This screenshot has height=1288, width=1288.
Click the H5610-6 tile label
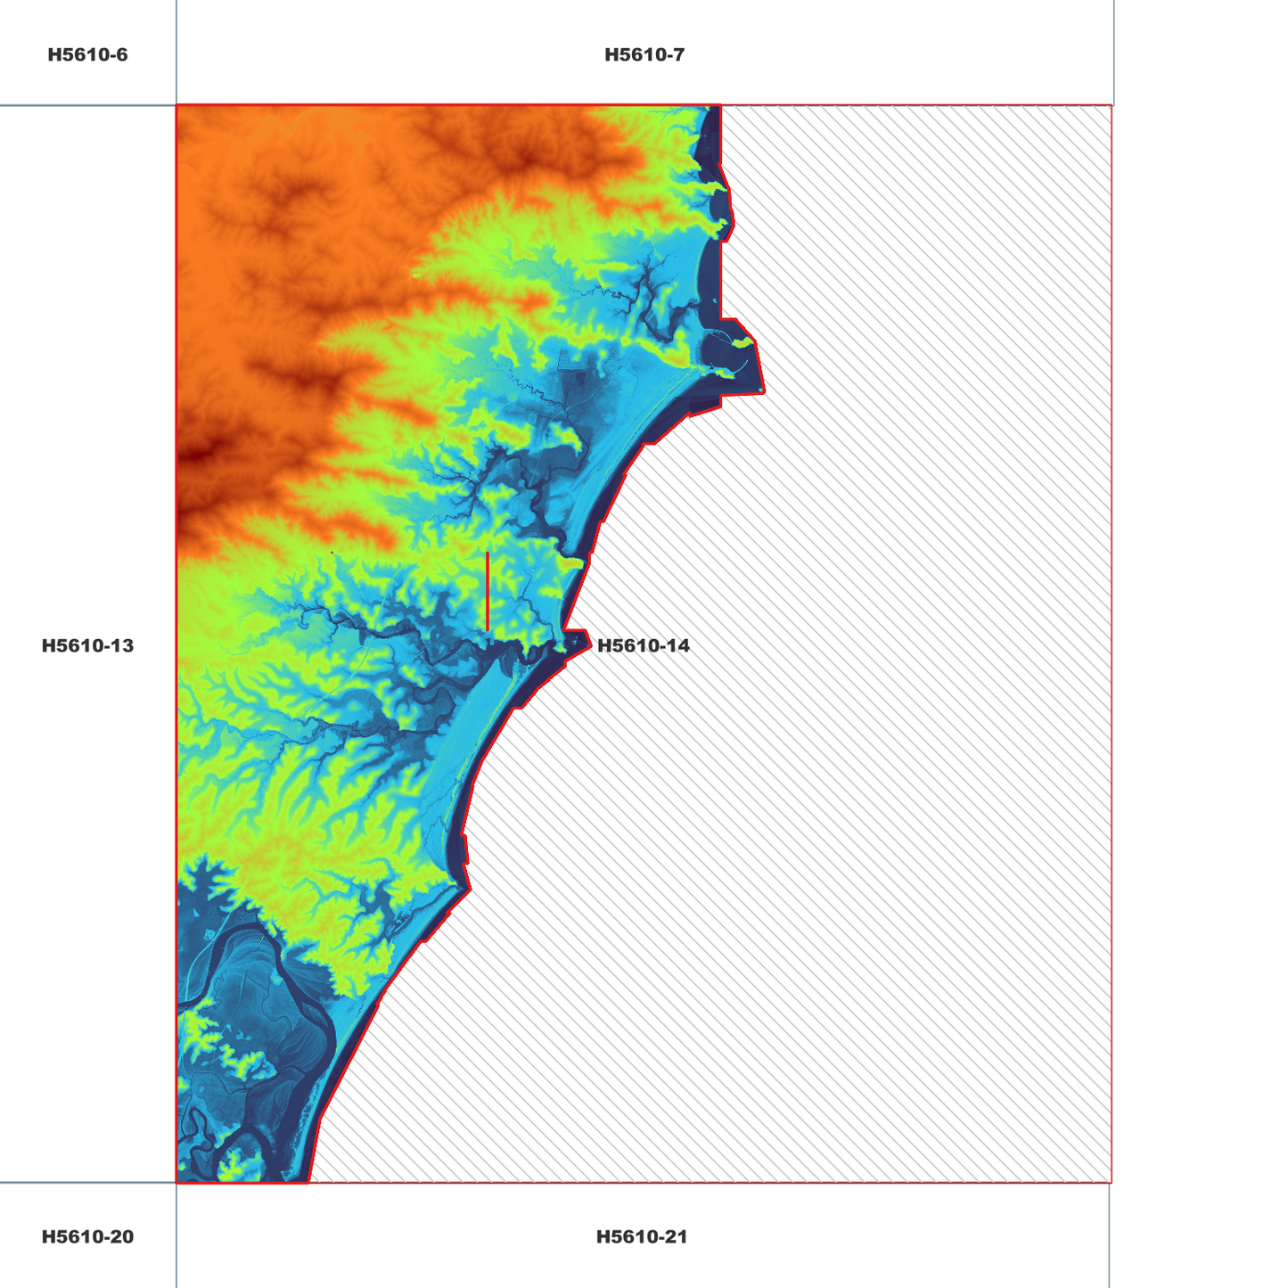point(87,55)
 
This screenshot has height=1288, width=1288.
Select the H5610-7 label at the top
point(644,55)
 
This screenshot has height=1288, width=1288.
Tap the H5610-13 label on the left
point(87,645)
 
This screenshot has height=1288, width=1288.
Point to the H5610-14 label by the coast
point(643,645)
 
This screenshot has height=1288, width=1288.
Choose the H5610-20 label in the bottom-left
point(87,1236)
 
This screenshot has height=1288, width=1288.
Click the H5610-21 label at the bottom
point(642,1236)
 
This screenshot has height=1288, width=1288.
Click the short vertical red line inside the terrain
point(488,591)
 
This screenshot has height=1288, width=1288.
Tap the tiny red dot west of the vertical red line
point(332,553)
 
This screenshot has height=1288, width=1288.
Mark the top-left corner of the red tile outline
point(176,105)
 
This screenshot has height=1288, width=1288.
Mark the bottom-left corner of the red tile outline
point(176,1183)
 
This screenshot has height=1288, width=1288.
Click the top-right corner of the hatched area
point(1112,105)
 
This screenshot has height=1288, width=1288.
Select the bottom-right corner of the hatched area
point(1112,1183)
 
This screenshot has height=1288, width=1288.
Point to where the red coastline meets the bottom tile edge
point(308,1183)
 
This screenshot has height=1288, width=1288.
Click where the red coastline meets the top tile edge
point(720,105)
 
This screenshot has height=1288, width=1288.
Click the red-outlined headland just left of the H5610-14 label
point(576,641)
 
